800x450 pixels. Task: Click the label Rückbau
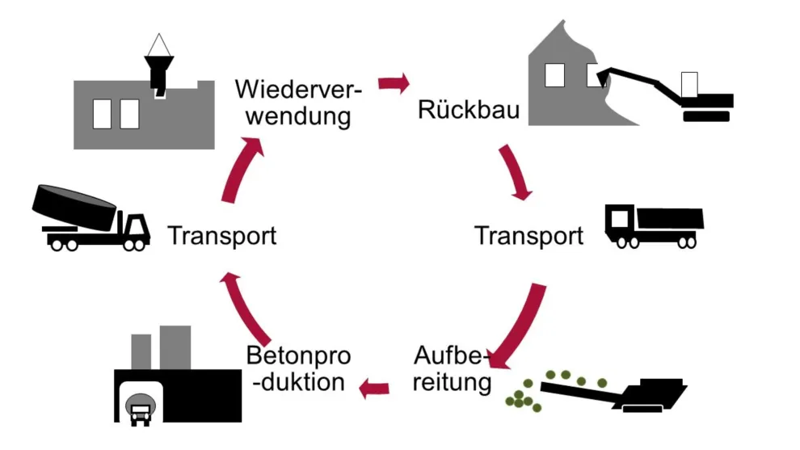pyautogui.click(x=457, y=110)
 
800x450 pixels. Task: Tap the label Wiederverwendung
pyautogui.click(x=298, y=103)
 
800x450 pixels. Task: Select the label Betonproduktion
pyautogui.click(x=299, y=368)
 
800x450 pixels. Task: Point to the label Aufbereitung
pyautogui.click(x=453, y=368)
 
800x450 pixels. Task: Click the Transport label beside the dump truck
pyautogui.click(x=528, y=236)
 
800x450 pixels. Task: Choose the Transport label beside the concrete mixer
pyautogui.click(x=221, y=236)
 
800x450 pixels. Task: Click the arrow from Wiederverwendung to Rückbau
pyautogui.click(x=394, y=83)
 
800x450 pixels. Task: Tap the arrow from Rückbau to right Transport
pyautogui.click(x=516, y=172)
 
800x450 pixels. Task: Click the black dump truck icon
pyautogui.click(x=654, y=225)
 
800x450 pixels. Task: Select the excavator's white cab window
pyautogui.click(x=689, y=84)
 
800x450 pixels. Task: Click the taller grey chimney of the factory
pyautogui.click(x=175, y=347)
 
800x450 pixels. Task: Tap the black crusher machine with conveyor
pyautogui.click(x=646, y=396)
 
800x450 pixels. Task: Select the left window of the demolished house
pyautogui.click(x=554, y=74)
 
